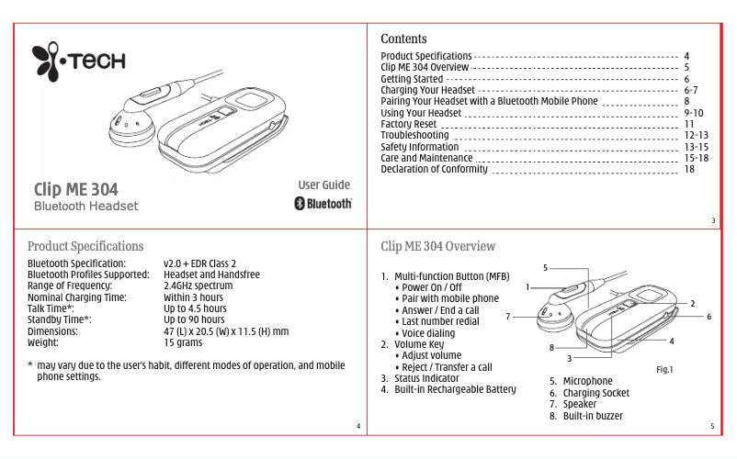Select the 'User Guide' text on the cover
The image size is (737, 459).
pyautogui.click(x=324, y=185)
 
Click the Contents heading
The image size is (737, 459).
pyautogui.click(x=403, y=39)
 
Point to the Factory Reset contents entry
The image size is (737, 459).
pyautogui.click(x=408, y=124)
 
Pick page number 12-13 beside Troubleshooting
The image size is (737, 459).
pyautogui.click(x=696, y=135)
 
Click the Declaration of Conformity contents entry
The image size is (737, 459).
pyautogui.click(x=434, y=169)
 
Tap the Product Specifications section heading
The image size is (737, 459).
pyautogui.click(x=85, y=246)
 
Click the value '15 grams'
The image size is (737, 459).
pyautogui.click(x=183, y=342)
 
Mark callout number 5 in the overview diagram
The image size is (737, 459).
pyautogui.click(x=545, y=268)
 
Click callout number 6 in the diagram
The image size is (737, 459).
pyautogui.click(x=709, y=316)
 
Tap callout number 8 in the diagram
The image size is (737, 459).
pyautogui.click(x=552, y=347)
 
